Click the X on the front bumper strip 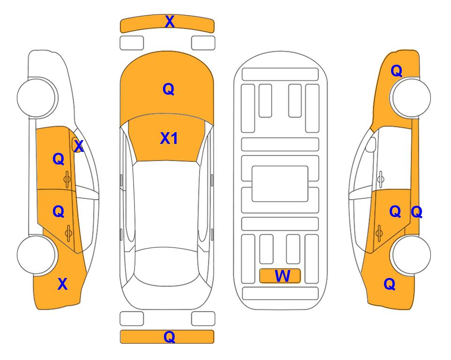point(170,22)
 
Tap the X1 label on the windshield point(169,138)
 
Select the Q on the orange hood point(169,89)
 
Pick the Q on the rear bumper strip point(170,337)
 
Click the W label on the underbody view point(282,276)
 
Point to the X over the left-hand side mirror point(79,146)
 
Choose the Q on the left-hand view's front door point(59,159)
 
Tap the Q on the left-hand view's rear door point(59,211)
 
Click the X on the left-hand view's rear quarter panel point(62,284)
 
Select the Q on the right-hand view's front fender point(396,71)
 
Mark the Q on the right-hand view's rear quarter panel point(390,284)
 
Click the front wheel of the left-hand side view point(37,97)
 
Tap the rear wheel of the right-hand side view point(411,255)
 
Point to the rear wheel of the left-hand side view point(37,255)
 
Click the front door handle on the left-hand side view point(67,179)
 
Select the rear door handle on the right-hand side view point(379,233)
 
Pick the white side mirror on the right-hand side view point(371,145)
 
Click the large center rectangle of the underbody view point(280,184)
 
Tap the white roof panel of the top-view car point(166,204)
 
